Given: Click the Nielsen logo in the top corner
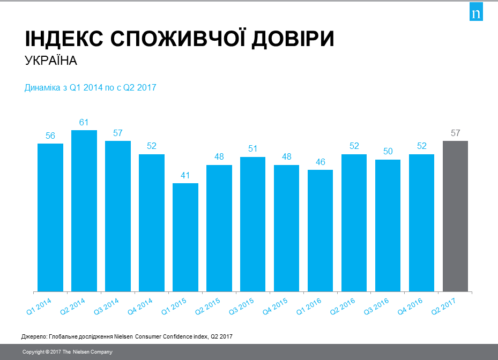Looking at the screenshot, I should pyautogui.click(x=476, y=13).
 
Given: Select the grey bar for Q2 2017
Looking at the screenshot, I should pyautogui.click(x=455, y=216).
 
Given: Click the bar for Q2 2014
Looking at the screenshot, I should pyautogui.click(x=84, y=211).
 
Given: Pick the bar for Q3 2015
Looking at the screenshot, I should pyautogui.click(x=253, y=224).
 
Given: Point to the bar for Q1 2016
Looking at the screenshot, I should pyautogui.click(x=321, y=231).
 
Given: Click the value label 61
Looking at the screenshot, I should pyautogui.click(x=84, y=122).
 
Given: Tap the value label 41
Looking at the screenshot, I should pyautogui.click(x=185, y=175).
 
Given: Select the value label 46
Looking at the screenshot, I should pyautogui.click(x=321, y=162).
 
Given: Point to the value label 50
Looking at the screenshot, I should pyautogui.click(x=388, y=152).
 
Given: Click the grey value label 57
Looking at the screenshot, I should pyautogui.click(x=456, y=133).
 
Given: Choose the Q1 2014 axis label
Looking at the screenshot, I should pyautogui.click(x=39, y=304).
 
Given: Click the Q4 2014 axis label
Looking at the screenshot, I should pyautogui.click(x=140, y=304).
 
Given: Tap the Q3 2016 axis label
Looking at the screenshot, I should pyautogui.click(x=377, y=304).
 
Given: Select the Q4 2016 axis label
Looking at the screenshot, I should pyautogui.click(x=411, y=304).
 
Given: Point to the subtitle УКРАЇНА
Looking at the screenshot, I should pyautogui.click(x=51, y=61).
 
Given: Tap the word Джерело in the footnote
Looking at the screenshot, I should pyautogui.click(x=34, y=336).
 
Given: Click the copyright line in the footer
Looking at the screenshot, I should pyautogui.click(x=67, y=352).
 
